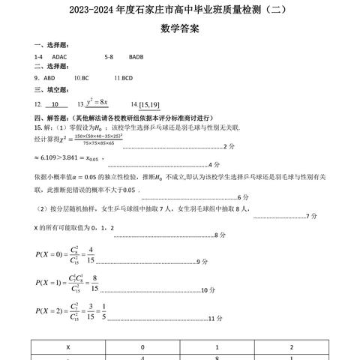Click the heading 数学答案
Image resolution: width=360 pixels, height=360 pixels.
click(180, 30)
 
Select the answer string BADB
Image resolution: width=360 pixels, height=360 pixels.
click(136, 56)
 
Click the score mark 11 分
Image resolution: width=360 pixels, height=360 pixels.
click(215, 318)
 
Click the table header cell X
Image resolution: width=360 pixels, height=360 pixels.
click(68, 347)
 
